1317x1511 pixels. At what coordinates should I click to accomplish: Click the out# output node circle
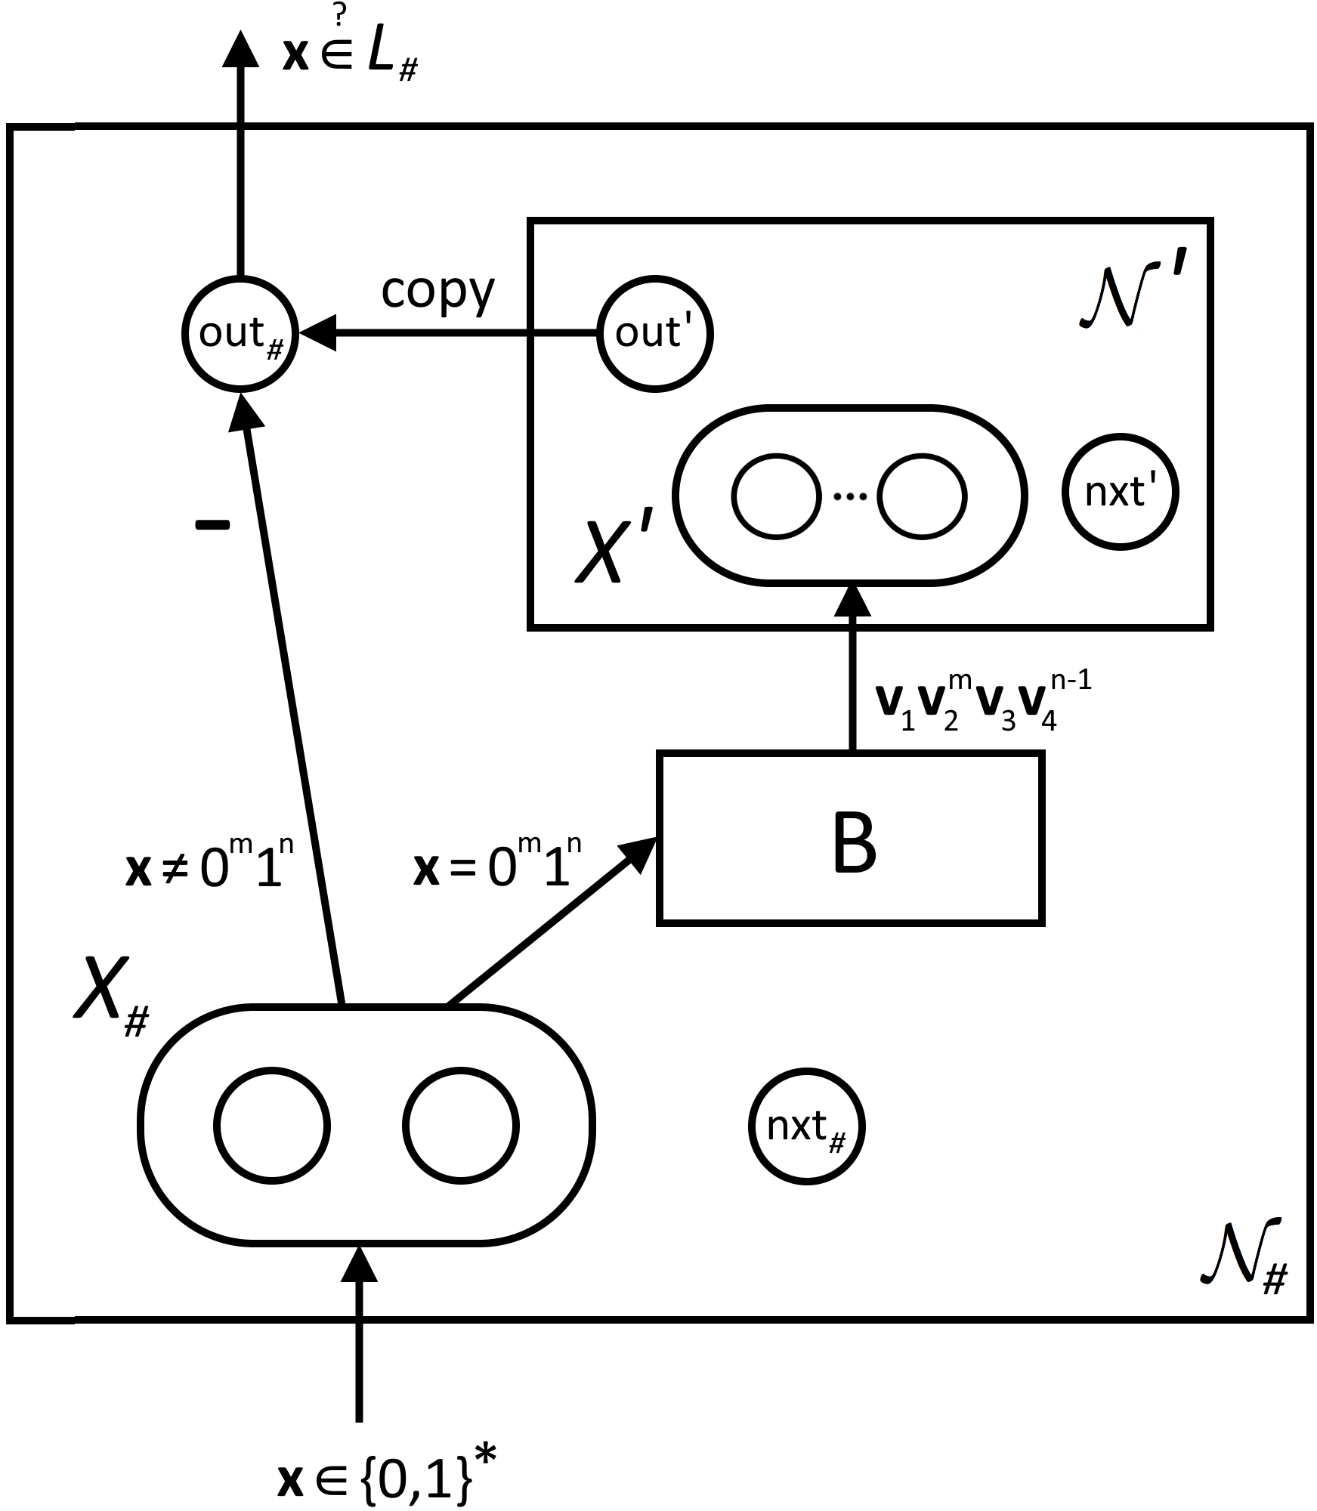[240, 333]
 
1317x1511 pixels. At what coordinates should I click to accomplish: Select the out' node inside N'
[654, 333]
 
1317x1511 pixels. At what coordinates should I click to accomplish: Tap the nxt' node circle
[1120, 492]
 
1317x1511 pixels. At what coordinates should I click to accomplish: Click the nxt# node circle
[806, 1126]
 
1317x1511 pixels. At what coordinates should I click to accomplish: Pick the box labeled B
[851, 838]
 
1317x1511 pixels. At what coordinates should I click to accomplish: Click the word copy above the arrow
[437, 291]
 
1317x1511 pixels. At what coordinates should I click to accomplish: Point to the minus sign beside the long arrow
[212, 526]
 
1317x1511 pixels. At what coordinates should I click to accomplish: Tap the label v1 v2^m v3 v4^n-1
[982, 703]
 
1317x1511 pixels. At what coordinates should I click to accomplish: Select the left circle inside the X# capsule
[272, 1126]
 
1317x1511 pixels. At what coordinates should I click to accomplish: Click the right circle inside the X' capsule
[922, 496]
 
